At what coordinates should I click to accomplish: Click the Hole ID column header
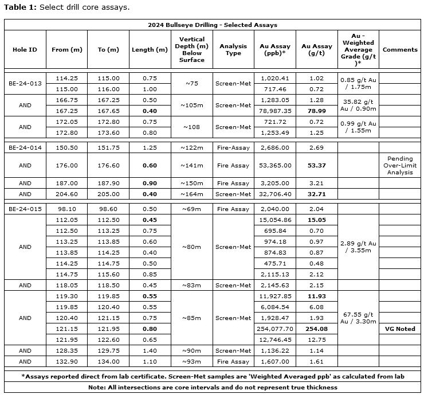pyautogui.click(x=25, y=49)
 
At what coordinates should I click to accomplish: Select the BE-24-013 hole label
pyautogui.click(x=25, y=84)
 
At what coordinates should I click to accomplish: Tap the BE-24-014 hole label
pyautogui.click(x=25, y=147)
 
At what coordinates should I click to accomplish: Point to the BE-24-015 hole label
pyautogui.click(x=25, y=209)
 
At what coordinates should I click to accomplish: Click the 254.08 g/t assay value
pyautogui.click(x=313, y=329)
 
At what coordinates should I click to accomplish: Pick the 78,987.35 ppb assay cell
pyautogui.click(x=276, y=111)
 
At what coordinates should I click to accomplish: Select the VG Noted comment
pyautogui.click(x=399, y=329)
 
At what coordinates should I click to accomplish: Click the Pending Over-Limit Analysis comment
pyautogui.click(x=399, y=165)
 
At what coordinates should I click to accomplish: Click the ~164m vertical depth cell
pyautogui.click(x=191, y=194)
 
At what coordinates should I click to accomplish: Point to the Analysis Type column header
pyautogui.click(x=233, y=49)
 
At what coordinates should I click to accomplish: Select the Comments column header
pyautogui.click(x=399, y=49)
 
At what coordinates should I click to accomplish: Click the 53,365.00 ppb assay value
pyautogui.click(x=276, y=165)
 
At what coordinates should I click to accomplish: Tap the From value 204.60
pyautogui.click(x=68, y=194)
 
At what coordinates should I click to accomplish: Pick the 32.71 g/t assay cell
pyautogui.click(x=313, y=194)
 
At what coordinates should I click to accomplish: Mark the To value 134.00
pyautogui.click(x=108, y=362)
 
